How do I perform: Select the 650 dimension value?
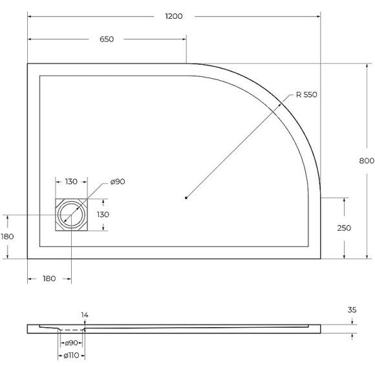pyautogui.click(x=107, y=39)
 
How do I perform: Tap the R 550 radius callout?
pyautogui.click(x=307, y=94)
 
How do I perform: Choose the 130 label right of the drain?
pyautogui.click(x=103, y=214)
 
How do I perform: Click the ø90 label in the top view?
pyautogui.click(x=117, y=182)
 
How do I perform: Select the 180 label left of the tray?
pyautogui.click(x=7, y=237)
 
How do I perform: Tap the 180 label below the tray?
pyautogui.click(x=48, y=279)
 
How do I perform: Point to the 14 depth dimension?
pyautogui.click(x=85, y=315)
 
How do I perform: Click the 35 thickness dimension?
pyautogui.click(x=352, y=310)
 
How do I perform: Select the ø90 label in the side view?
pyautogui.click(x=71, y=343)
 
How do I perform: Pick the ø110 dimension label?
pyautogui.click(x=72, y=355)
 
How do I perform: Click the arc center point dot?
pyautogui.click(x=186, y=197)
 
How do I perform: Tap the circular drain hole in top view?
pyautogui.click(x=70, y=214)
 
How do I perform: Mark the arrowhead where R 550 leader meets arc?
pyautogui.click(x=284, y=101)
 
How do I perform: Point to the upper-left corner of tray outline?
pyautogui.click(x=28, y=64)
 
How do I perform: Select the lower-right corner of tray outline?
pyautogui.click(x=321, y=258)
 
